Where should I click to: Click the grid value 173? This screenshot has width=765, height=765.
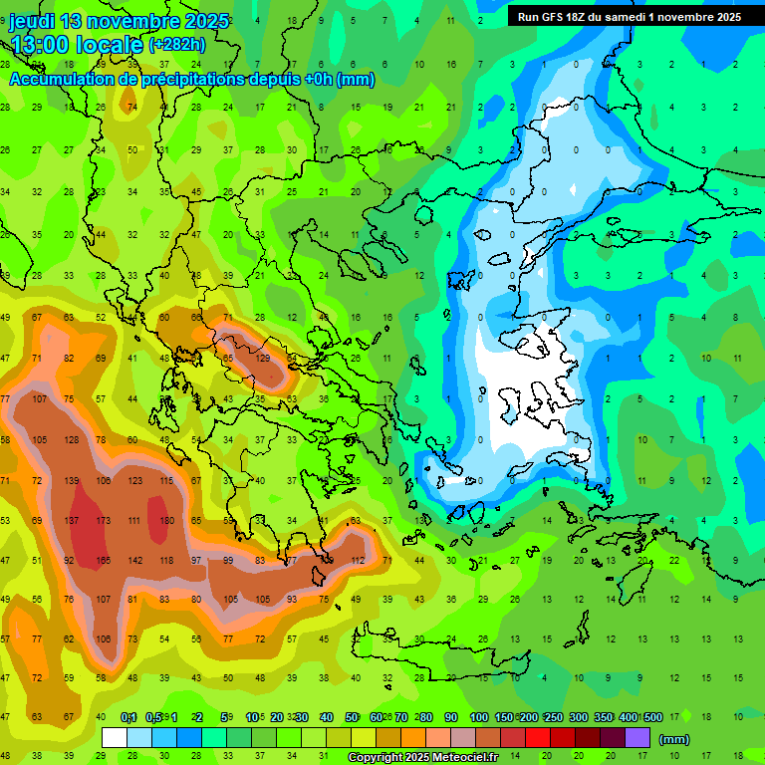(103, 521)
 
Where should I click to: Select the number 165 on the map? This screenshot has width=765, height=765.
(103, 561)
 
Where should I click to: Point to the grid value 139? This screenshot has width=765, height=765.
(72, 481)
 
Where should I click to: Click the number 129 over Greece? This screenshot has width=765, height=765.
(264, 358)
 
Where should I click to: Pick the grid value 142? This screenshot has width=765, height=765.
(135, 561)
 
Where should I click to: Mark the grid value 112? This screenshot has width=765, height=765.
(358, 561)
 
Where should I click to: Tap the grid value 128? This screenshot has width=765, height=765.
(72, 440)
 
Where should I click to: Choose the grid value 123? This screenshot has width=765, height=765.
(135, 481)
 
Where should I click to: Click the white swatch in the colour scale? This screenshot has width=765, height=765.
(115, 738)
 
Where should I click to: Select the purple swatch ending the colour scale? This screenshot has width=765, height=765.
(638, 738)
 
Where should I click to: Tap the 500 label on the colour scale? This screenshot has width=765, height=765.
(652, 717)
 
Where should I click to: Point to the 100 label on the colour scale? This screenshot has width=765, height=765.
(478, 717)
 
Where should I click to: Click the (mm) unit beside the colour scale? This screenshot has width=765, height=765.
(674, 739)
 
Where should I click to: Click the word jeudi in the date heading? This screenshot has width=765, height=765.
(34, 21)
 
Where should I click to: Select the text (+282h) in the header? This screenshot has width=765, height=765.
(177, 45)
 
